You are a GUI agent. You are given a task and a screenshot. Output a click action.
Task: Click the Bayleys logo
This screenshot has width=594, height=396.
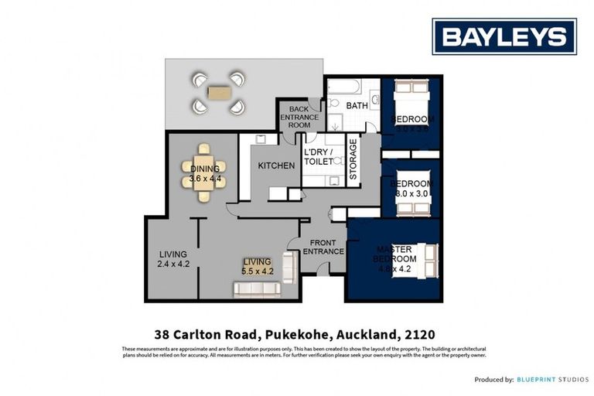[x=504, y=36]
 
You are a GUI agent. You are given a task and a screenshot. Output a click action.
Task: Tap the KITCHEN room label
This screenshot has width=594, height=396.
[x=276, y=166]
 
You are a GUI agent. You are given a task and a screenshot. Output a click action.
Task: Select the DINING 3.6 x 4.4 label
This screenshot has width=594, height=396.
[x=205, y=174]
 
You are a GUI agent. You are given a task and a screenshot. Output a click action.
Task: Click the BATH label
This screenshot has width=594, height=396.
[x=357, y=106]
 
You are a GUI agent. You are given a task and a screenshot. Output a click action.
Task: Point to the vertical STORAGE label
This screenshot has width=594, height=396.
[x=353, y=160]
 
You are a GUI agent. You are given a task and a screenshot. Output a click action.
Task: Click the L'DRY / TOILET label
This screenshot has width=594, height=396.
[x=318, y=157]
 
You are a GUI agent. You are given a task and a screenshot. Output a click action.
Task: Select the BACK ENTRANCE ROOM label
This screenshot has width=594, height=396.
[x=299, y=118]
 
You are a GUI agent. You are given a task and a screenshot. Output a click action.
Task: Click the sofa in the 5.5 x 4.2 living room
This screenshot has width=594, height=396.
[x=258, y=289]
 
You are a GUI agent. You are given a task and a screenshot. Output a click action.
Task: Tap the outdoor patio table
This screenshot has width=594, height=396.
[x=219, y=93]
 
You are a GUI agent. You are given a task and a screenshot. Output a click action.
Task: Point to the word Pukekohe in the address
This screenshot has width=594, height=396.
[x=296, y=335]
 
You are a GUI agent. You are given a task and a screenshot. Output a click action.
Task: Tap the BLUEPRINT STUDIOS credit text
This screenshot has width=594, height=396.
[x=554, y=380]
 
